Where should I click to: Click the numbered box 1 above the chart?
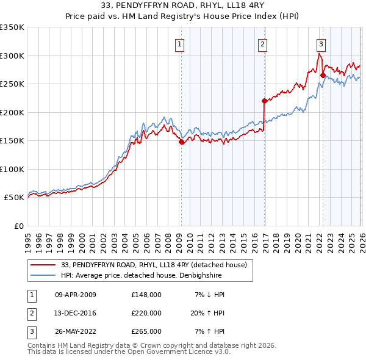click(x=181, y=43)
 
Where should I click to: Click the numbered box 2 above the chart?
click(x=262, y=43)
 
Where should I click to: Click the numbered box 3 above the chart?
click(x=321, y=43)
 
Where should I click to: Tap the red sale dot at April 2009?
click(x=181, y=142)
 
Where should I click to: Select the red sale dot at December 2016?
click(x=264, y=101)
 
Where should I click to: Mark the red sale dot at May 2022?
click(x=323, y=76)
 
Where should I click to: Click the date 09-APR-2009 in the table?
click(x=76, y=295)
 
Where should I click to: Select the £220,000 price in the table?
click(x=146, y=313)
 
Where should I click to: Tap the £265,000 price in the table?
click(x=146, y=331)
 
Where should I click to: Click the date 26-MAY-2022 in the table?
click(x=76, y=331)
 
